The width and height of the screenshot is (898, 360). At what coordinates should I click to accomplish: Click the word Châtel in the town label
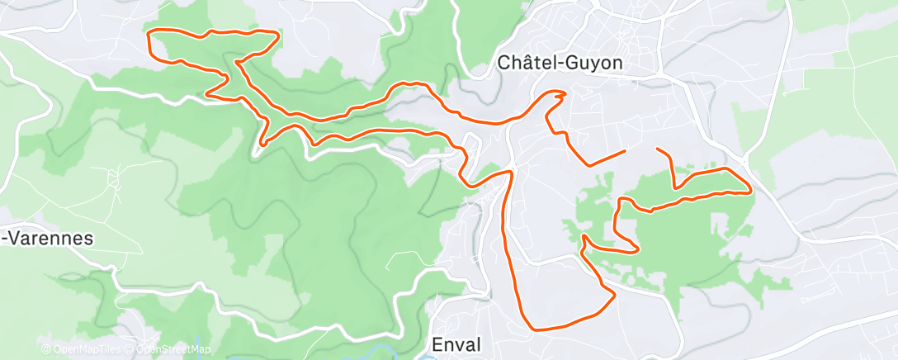click(x=526, y=62)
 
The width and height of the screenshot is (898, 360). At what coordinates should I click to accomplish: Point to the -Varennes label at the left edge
click(x=47, y=239)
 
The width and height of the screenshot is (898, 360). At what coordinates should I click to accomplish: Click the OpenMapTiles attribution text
click(x=88, y=349)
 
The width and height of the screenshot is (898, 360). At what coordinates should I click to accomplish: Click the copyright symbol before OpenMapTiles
click(x=46, y=349)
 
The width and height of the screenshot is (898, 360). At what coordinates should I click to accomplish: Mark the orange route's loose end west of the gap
click(x=625, y=150)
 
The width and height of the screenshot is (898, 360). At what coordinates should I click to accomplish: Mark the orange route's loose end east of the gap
click(x=657, y=149)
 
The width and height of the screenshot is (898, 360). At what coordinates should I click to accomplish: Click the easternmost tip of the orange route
click(x=749, y=192)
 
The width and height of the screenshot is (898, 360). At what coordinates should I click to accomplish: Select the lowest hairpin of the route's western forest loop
click(x=262, y=144)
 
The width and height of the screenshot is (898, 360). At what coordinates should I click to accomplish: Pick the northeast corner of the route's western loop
click(x=277, y=34)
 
